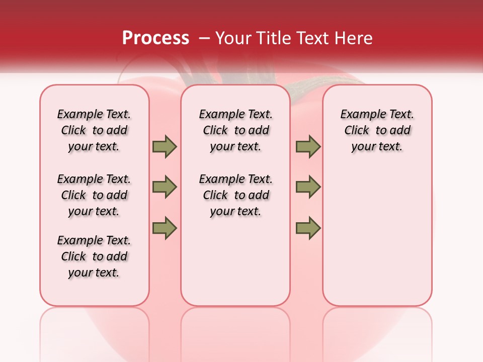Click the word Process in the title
(155, 38)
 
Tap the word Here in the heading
(354, 38)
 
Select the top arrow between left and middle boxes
(165, 146)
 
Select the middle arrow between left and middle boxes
(165, 187)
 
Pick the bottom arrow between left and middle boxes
(165, 228)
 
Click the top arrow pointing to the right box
(308, 146)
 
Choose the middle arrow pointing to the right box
(308, 187)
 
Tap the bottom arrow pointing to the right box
(308, 228)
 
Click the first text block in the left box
(94, 130)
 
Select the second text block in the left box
(94, 195)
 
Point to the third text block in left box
(94, 256)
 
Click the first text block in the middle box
(235, 130)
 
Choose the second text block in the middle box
(235, 195)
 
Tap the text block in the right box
(377, 130)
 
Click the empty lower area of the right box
(377, 241)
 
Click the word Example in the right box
(358, 115)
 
